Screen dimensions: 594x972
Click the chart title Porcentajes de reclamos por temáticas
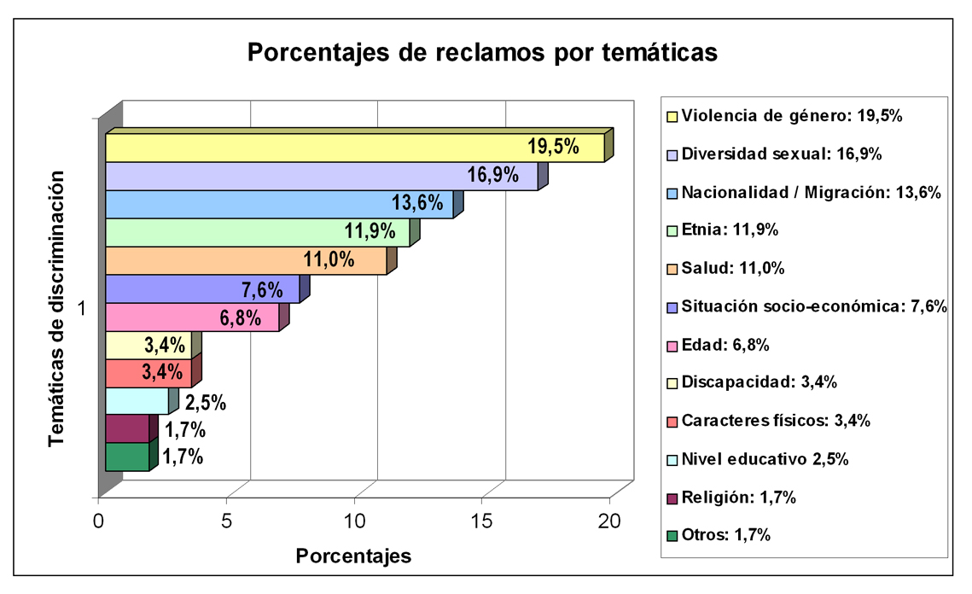[482, 52]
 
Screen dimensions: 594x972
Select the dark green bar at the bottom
[127, 457]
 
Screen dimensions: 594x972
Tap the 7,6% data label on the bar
[262, 289]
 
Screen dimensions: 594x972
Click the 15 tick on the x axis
[482, 521]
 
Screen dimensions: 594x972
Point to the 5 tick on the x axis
[226, 521]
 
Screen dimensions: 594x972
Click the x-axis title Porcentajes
[353, 556]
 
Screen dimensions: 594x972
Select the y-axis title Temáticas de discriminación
[56, 307]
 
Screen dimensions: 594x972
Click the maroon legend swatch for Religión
[672, 498]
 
